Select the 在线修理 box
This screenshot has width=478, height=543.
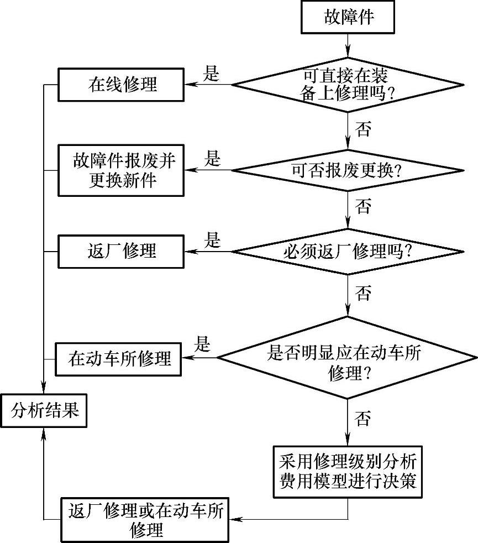click(x=122, y=85)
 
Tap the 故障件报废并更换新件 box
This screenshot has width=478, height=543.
click(x=122, y=170)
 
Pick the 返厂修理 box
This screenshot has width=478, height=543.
click(x=122, y=252)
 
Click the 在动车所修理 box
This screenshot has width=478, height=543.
click(x=119, y=358)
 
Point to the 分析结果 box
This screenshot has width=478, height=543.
click(x=44, y=410)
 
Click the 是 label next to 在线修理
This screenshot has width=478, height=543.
click(x=212, y=74)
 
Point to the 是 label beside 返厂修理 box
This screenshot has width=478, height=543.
click(x=212, y=241)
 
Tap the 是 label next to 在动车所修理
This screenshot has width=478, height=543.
click(x=203, y=346)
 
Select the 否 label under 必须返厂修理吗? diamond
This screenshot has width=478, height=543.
click(x=363, y=294)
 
